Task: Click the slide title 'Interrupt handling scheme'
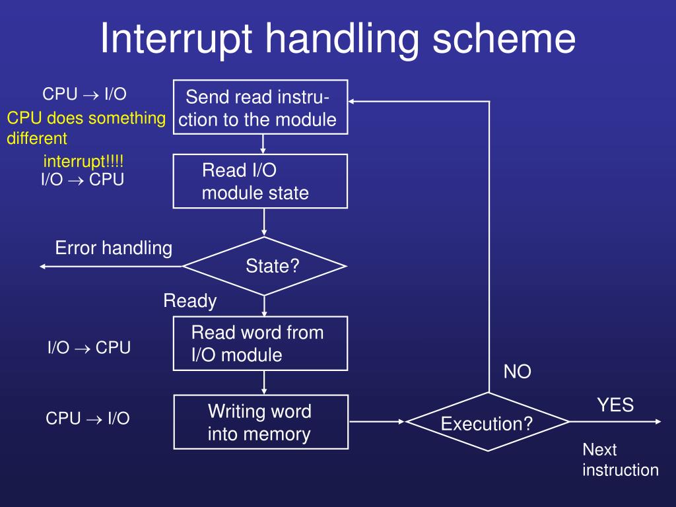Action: (x=337, y=39)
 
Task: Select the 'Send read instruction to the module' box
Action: (x=260, y=107)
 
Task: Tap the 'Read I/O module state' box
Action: (x=260, y=181)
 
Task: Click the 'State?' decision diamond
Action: (x=264, y=266)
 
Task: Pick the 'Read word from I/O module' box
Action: (x=260, y=343)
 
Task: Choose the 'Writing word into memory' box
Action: (x=260, y=422)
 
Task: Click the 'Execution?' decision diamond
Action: (x=487, y=422)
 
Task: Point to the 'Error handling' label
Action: (x=114, y=248)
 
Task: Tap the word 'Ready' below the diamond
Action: (x=190, y=301)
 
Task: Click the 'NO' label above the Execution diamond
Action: (x=518, y=372)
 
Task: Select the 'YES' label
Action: (x=615, y=405)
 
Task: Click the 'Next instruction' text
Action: (x=620, y=460)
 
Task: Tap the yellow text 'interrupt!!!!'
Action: (x=83, y=161)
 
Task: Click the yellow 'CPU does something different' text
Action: (x=86, y=128)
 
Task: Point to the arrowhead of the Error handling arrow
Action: (x=44, y=266)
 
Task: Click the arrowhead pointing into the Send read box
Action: (x=353, y=101)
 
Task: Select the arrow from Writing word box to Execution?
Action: (x=376, y=422)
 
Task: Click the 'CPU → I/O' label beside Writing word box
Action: (x=88, y=418)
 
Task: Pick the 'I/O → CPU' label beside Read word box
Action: (x=89, y=347)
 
